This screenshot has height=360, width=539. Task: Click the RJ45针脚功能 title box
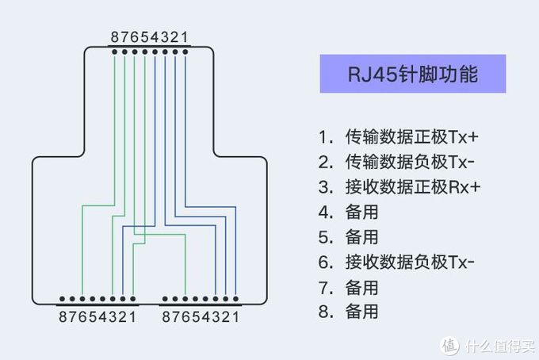[x=413, y=75]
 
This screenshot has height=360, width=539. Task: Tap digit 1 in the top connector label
[x=185, y=37]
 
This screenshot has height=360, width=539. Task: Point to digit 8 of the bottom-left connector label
[x=63, y=317]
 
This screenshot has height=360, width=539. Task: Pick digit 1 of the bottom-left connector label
[x=132, y=317]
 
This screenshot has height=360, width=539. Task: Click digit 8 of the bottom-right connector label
[x=166, y=317]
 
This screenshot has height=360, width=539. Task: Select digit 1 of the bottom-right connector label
[x=235, y=317]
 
